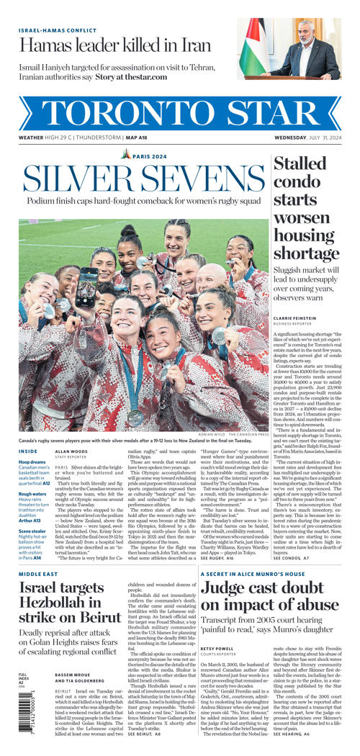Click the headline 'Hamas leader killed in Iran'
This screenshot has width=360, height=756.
[116, 45]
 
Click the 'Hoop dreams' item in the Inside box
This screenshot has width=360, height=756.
[32, 462]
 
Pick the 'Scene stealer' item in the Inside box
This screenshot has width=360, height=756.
[35, 531]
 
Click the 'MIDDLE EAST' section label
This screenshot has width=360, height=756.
[38, 574]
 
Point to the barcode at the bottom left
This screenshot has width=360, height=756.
[25, 712]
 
